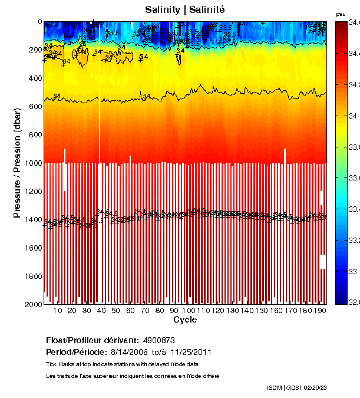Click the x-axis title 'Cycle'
point(185,320)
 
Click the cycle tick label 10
point(58,310)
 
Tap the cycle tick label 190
point(319,310)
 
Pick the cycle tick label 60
point(130,310)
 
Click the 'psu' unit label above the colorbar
point(341,14)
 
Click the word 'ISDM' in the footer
point(275,387)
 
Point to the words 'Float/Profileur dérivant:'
point(92,340)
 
